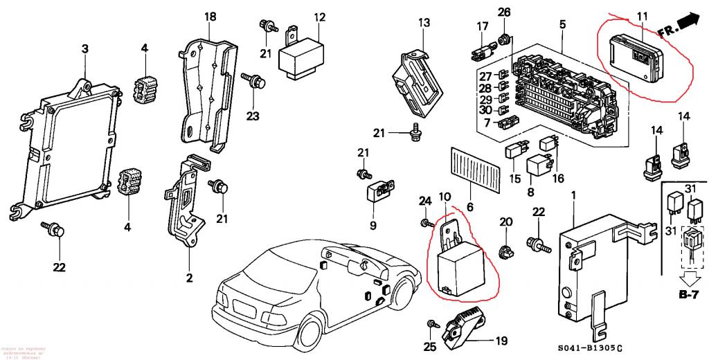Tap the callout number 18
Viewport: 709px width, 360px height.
click(x=210, y=16)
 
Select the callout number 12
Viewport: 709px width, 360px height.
click(x=319, y=17)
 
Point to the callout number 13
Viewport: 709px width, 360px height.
click(x=424, y=23)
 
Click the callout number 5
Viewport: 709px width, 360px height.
click(x=562, y=25)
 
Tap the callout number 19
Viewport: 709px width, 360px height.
click(x=501, y=340)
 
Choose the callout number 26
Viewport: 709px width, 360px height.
click(x=504, y=12)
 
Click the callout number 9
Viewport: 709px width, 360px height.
click(x=372, y=226)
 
